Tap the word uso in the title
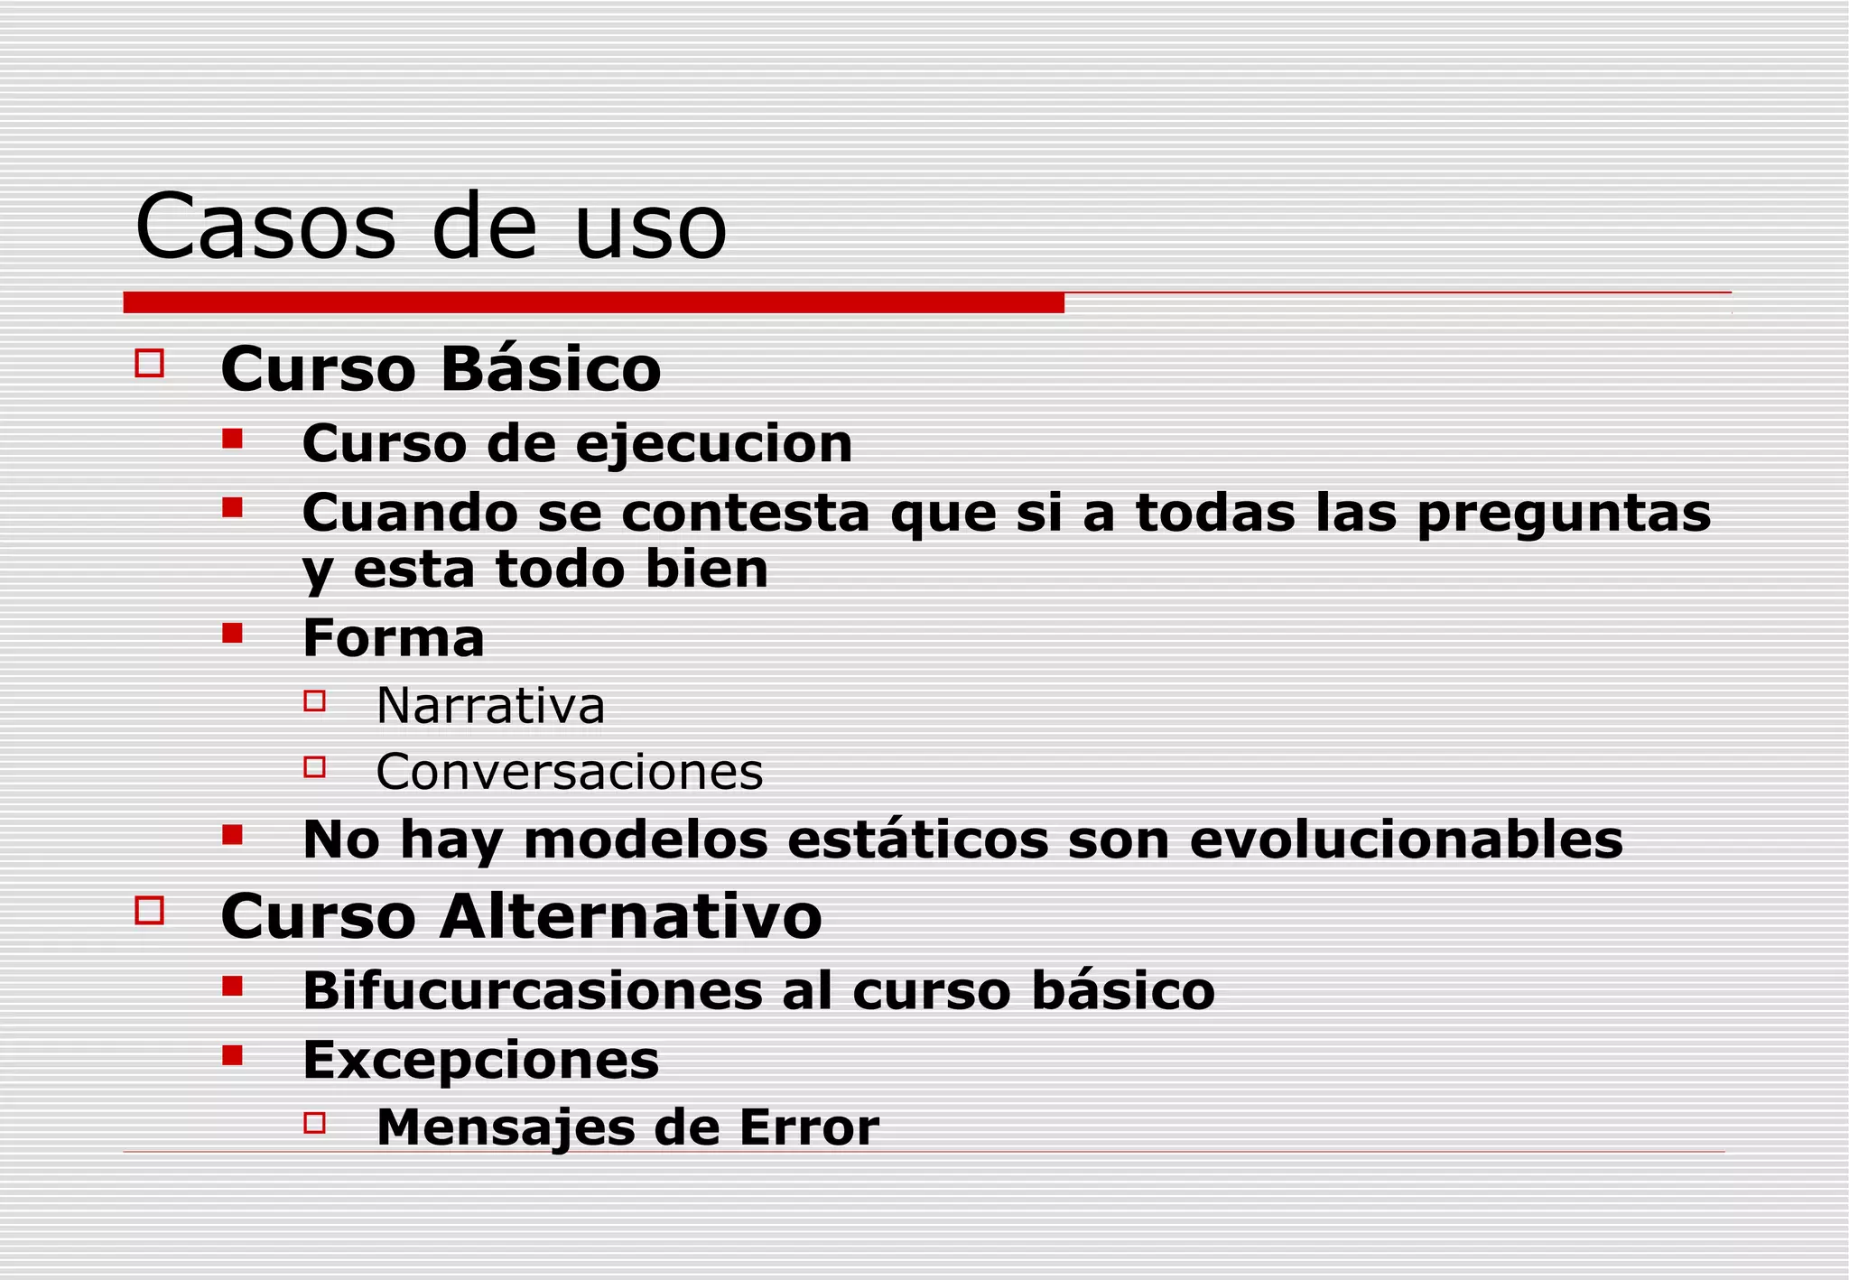[650, 227]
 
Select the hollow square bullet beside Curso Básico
[149, 364]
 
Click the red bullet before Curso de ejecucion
[233, 440]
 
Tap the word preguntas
[1563, 514]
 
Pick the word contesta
[745, 513]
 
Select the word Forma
[394, 638]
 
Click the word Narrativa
[490, 706]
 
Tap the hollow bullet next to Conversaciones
[314, 767]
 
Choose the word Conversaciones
[569, 773]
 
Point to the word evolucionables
[1406, 839]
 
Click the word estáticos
[918, 839]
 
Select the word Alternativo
[631, 916]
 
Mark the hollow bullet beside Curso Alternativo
[149, 910]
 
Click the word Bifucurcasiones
[534, 991]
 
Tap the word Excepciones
[480, 1060]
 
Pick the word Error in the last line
[808, 1127]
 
